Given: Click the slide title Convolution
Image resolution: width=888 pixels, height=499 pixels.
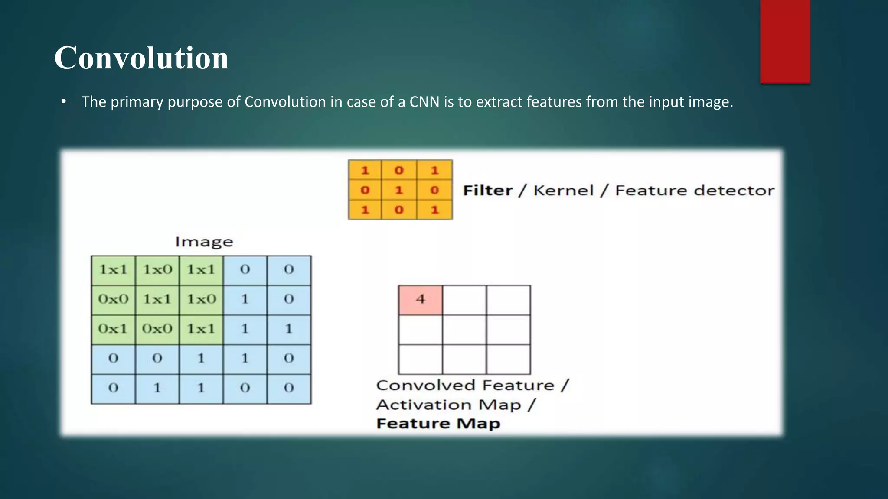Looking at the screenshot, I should pos(141,58).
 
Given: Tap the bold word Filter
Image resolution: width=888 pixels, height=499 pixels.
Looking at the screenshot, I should pos(487,190).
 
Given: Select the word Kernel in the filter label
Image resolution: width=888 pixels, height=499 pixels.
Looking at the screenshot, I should pos(563,190).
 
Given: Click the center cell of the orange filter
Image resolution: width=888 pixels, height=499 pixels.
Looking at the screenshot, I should pos(399,190).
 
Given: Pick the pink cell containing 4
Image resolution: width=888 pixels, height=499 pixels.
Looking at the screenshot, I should pos(420,299).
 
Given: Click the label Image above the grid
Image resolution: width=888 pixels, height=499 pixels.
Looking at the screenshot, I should pos(204,242).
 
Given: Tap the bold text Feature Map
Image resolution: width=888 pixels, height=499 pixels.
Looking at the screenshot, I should pos(438,423).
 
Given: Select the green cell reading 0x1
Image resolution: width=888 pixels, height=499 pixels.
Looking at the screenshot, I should pos(113,329).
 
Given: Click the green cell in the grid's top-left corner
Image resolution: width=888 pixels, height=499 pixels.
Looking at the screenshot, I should pos(113,270).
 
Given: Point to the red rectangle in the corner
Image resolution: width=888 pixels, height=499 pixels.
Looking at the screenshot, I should pos(785,41).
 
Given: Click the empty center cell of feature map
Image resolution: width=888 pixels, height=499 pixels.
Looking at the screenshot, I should pos(464,329).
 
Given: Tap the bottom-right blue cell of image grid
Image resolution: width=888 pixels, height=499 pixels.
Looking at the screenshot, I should pos(289,388).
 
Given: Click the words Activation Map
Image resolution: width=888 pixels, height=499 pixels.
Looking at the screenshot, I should pos(449,405).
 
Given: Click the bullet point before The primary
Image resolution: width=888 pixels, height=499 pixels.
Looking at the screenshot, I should pos(64,102).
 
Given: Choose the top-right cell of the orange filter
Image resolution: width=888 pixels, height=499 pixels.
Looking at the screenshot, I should pos(434,170).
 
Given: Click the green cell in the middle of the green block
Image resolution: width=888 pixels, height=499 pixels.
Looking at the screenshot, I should pos(157,299).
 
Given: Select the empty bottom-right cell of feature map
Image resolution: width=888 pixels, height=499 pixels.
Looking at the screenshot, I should pos(508,359).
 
